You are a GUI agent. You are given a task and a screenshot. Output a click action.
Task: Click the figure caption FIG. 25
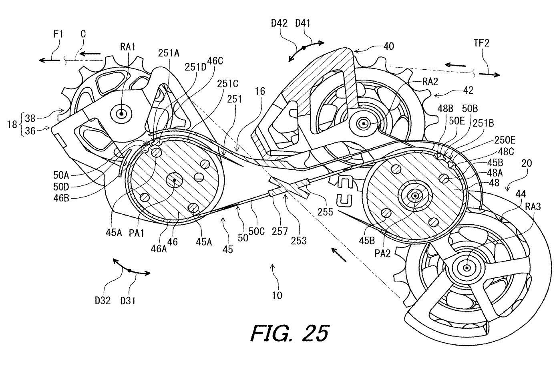(x=290, y=333)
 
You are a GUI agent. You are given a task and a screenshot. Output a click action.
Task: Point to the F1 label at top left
(x=58, y=34)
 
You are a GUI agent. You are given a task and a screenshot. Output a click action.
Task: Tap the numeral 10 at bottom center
(x=277, y=296)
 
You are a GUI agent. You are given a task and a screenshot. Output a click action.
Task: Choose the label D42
(x=279, y=23)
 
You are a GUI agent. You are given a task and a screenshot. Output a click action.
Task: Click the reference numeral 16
(x=260, y=91)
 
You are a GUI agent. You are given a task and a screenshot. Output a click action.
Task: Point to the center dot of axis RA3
(x=467, y=267)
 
